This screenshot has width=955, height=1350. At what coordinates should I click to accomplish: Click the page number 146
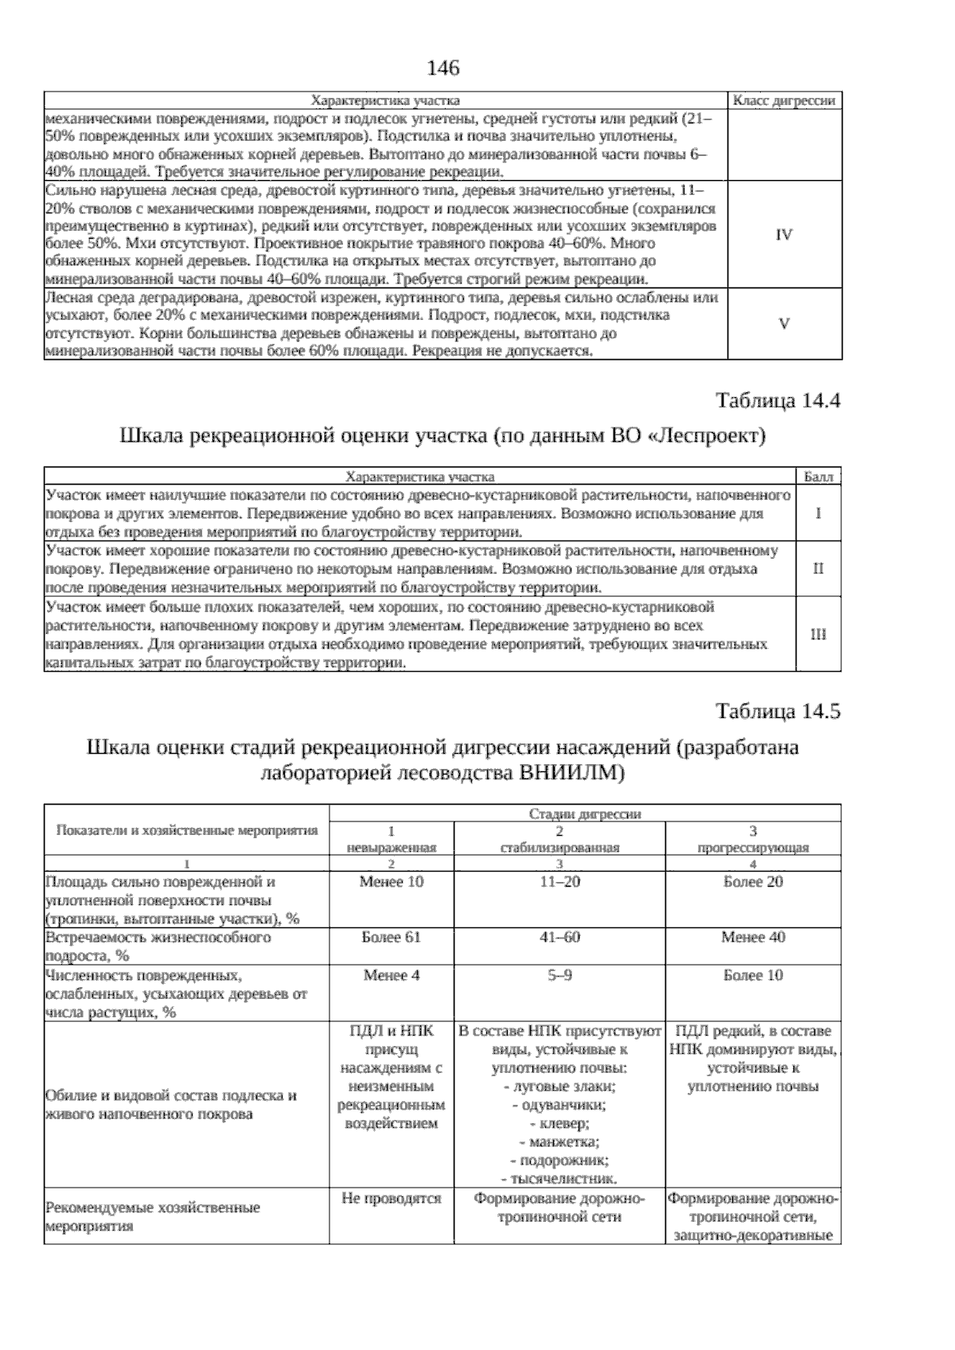click(x=443, y=68)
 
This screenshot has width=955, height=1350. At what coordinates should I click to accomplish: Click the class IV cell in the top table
click(x=784, y=235)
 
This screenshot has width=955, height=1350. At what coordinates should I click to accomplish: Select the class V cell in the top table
click(x=784, y=324)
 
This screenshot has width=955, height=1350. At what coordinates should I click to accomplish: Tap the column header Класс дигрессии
click(x=783, y=100)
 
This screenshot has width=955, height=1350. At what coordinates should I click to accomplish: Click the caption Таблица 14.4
click(x=778, y=400)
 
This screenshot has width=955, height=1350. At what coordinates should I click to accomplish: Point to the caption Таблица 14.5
click(x=778, y=711)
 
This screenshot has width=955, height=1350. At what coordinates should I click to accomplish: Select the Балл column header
click(x=818, y=477)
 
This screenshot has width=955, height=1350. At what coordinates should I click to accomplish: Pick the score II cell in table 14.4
click(x=818, y=569)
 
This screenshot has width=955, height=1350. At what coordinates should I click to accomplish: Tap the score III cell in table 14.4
click(x=818, y=634)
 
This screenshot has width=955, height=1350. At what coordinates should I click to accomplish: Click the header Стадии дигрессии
click(x=585, y=814)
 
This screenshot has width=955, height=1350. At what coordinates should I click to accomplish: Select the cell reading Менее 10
click(x=392, y=882)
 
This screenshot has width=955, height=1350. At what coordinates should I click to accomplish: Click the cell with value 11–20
click(x=560, y=882)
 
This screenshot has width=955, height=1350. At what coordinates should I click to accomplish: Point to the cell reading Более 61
click(x=392, y=938)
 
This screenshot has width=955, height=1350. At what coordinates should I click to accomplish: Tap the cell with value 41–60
click(x=560, y=938)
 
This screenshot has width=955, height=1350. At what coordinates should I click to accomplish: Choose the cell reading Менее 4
click(x=392, y=976)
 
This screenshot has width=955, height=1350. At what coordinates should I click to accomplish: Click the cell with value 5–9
click(x=560, y=976)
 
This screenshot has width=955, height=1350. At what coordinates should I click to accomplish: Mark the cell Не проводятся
click(x=392, y=1199)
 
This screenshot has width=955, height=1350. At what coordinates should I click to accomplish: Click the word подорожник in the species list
click(x=563, y=1161)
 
